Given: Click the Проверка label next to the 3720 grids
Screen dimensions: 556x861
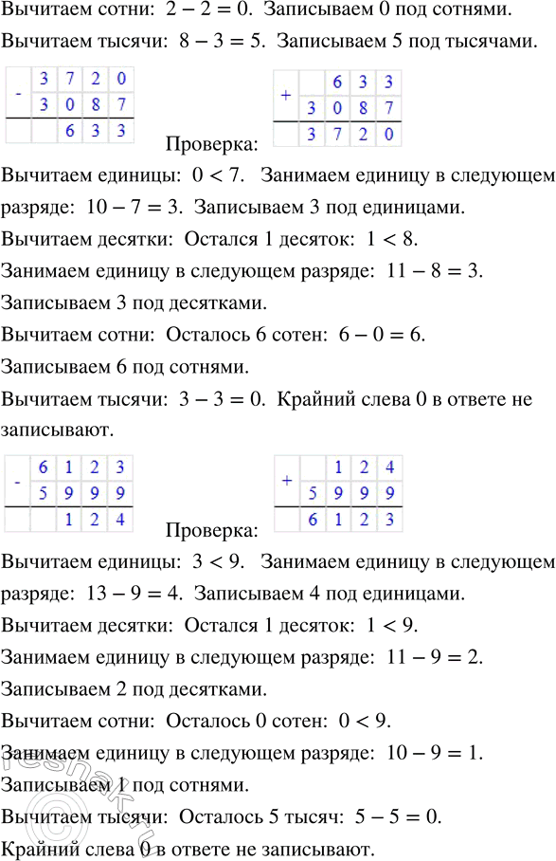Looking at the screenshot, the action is click(211, 144).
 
